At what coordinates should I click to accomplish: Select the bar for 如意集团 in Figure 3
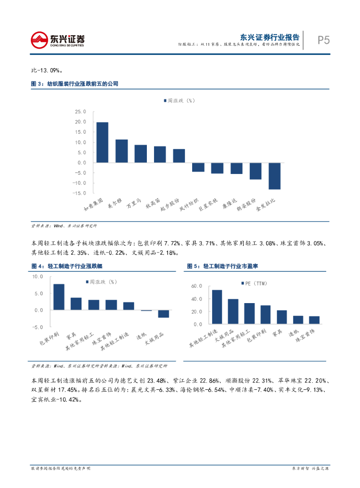pos(102,142)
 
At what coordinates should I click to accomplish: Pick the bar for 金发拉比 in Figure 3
pos(274,176)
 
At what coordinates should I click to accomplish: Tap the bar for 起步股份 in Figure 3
pos(179,156)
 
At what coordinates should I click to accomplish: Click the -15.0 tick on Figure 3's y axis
pos(80,193)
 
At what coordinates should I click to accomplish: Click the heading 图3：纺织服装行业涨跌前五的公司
pos(74,84)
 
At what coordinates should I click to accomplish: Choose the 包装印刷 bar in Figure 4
pos(59,297)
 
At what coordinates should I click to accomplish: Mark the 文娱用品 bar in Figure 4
pos(163,314)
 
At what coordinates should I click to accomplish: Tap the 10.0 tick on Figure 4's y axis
pos(38,277)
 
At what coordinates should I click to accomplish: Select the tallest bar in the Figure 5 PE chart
pos(217,307)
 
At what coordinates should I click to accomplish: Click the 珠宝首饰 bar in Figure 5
pos(314,320)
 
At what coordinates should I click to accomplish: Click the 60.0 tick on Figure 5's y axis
pos(196,286)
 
